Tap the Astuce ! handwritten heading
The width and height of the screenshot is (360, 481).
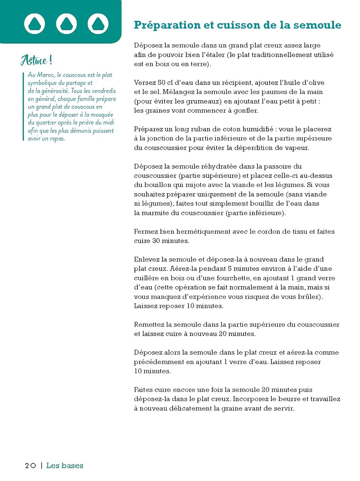(x=36, y=60)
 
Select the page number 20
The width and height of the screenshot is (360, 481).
(x=30, y=466)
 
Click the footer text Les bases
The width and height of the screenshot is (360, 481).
(x=65, y=466)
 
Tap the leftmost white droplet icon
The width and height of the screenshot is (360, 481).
(x=35, y=23)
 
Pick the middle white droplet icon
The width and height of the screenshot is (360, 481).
(x=66, y=23)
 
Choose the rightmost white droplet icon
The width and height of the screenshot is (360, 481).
(x=98, y=23)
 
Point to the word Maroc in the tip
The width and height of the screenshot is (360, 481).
(x=46, y=75)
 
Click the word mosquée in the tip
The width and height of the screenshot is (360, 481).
(x=102, y=114)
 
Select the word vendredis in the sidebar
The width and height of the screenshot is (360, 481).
(x=104, y=91)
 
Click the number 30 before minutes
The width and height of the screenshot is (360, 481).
(x=156, y=240)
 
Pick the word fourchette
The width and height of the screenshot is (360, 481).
(x=233, y=278)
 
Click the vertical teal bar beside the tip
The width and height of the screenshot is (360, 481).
(x=23, y=106)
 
